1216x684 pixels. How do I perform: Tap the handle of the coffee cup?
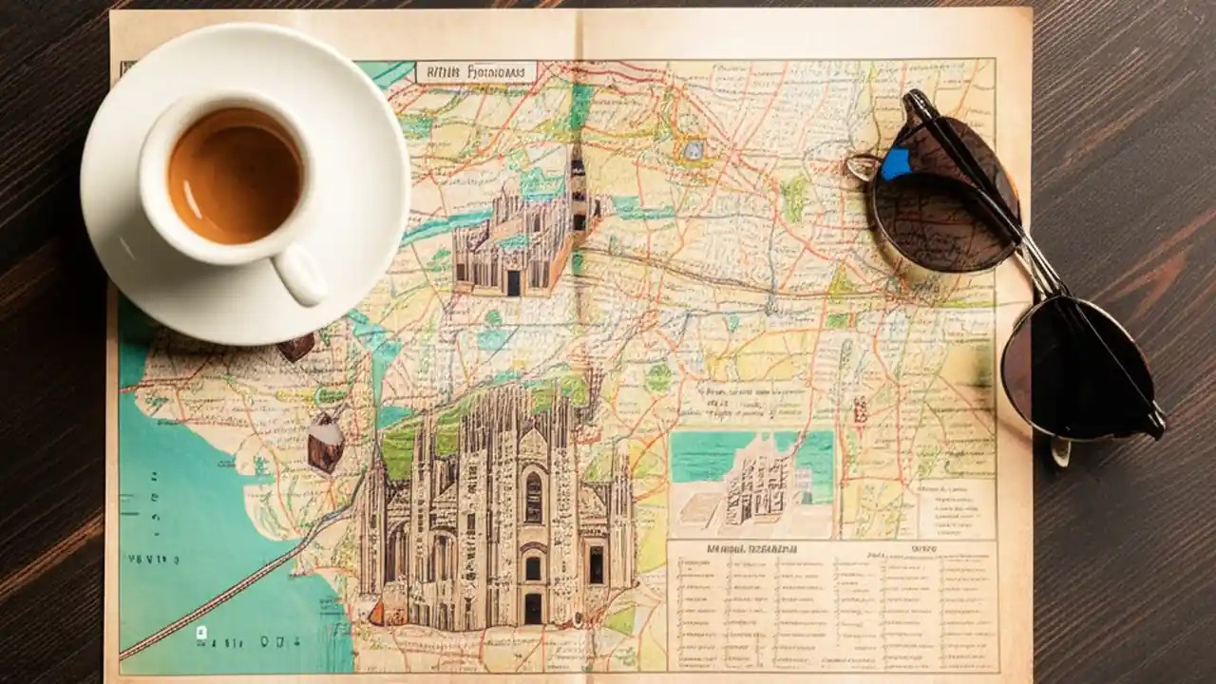(x=300, y=275)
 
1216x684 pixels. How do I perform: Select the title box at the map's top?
(x=476, y=72)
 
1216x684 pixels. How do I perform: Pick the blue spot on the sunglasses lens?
(x=894, y=164)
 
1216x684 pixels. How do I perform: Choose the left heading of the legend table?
(x=750, y=548)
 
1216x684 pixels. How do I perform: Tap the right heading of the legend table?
(x=922, y=548)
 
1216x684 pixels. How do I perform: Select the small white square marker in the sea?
(x=200, y=631)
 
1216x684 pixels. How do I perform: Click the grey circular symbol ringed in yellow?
(x=695, y=149)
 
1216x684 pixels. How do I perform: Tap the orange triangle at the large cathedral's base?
(x=377, y=614)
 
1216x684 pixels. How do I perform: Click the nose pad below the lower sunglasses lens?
(x=1060, y=451)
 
